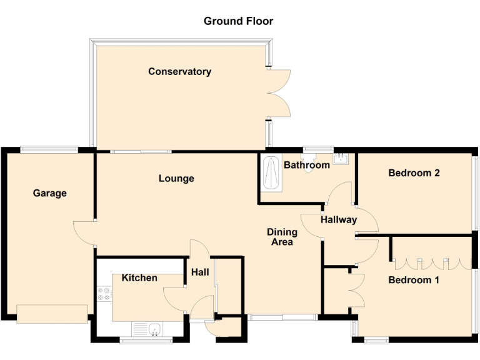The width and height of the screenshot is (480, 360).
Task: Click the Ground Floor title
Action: coord(238,21)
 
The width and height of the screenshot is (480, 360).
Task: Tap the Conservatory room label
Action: coord(179,72)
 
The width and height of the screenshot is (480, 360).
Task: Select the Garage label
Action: coord(50,193)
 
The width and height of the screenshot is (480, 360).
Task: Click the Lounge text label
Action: coord(176,179)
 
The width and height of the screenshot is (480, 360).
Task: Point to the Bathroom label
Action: coord(306,166)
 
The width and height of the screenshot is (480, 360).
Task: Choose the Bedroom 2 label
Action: coord(414,173)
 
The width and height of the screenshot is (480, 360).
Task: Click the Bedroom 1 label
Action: coord(414,280)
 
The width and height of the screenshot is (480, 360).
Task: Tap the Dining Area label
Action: coord(282,237)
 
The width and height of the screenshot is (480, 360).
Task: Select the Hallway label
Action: coord(339,220)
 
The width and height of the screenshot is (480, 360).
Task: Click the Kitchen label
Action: coord(139,277)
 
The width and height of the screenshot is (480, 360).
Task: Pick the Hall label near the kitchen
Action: coord(200,272)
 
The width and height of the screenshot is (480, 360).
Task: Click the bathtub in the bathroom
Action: coord(271,173)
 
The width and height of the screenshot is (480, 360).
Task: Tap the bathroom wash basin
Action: coord(340,159)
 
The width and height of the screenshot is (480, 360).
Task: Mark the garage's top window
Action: coord(49,149)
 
